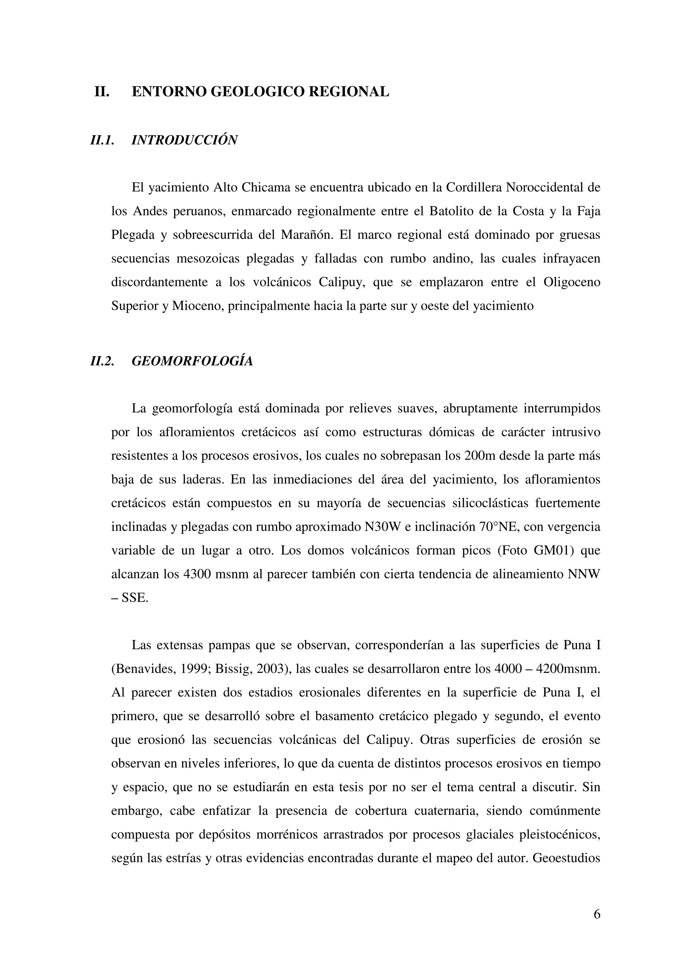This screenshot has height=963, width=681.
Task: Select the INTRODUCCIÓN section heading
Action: click(x=185, y=140)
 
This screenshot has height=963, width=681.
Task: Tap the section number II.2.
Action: click(x=102, y=361)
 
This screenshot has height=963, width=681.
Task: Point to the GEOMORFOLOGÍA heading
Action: click(x=192, y=361)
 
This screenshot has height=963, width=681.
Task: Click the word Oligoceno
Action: click(x=572, y=282)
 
